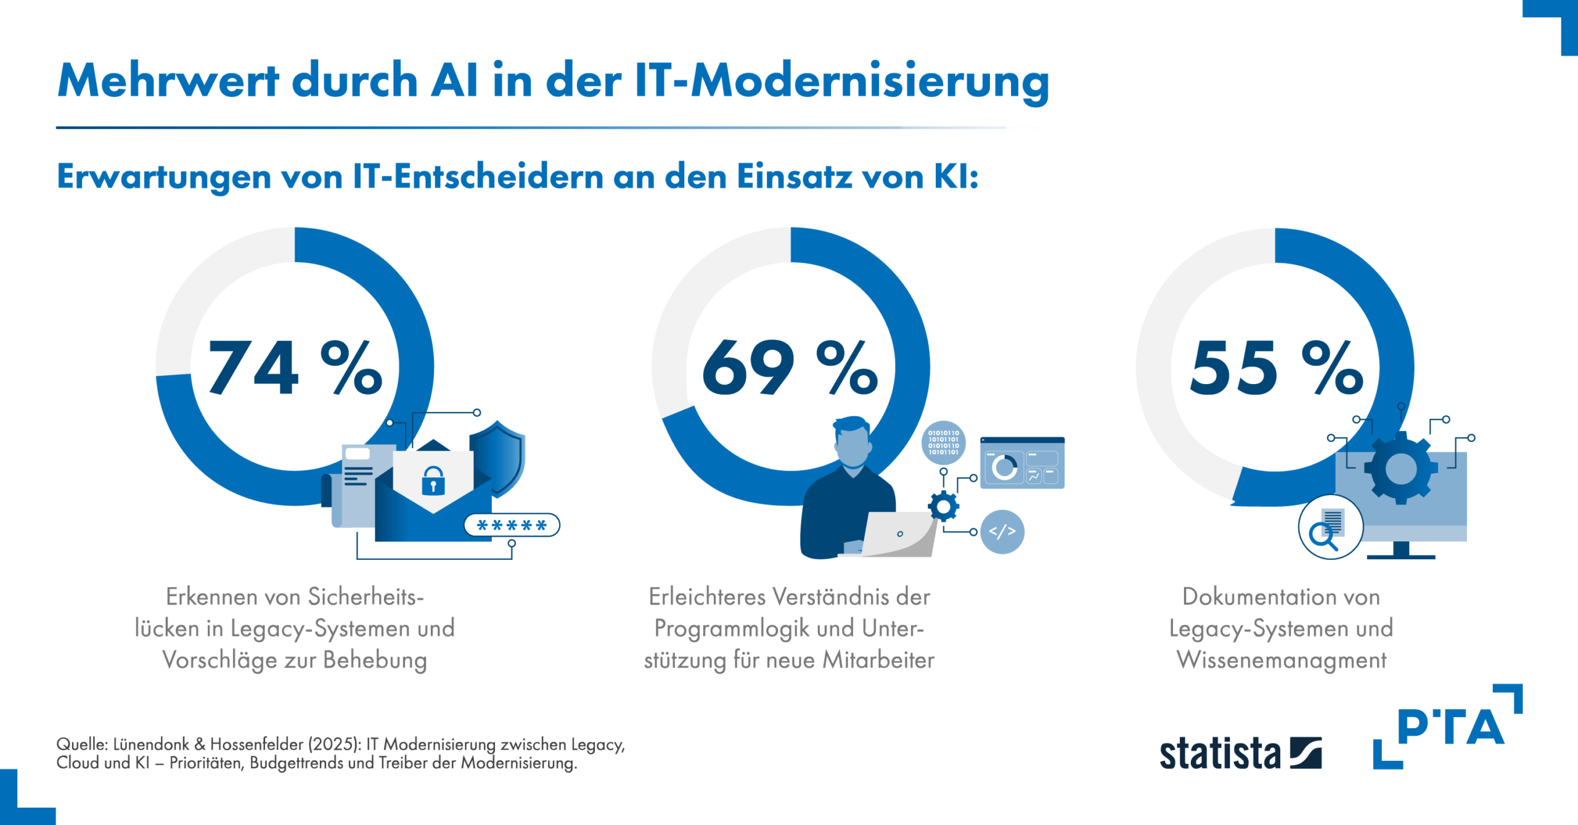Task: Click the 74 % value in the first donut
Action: pos(295,367)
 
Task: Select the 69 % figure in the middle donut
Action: pos(790,367)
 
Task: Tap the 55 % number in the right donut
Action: pos(1277,367)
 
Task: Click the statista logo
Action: pos(1240,753)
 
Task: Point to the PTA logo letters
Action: pos(1450,727)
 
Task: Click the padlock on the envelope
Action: pos(433,480)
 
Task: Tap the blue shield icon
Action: pos(497,457)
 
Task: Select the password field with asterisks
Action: pos(512,525)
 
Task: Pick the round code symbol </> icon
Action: pos(1002,532)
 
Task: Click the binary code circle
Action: pos(944,443)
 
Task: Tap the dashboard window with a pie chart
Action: pos(1022,463)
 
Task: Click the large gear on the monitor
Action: pos(1401,468)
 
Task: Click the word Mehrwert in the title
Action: pos(168,80)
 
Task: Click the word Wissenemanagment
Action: pos(1282,660)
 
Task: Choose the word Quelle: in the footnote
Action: pos(82,745)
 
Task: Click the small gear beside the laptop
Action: pos(943,507)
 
